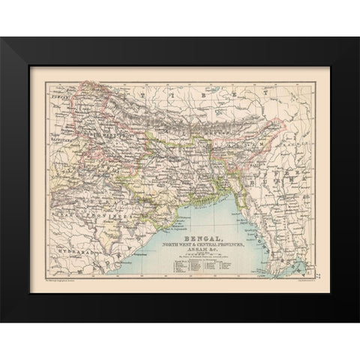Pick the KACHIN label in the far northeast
[x=296, y=124]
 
